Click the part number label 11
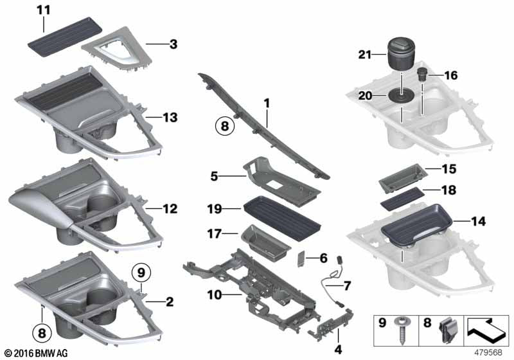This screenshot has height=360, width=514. pyautogui.click(x=42, y=11)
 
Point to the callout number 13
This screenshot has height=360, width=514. pyautogui.click(x=170, y=118)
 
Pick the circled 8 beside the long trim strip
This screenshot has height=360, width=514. pyautogui.click(x=224, y=127)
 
